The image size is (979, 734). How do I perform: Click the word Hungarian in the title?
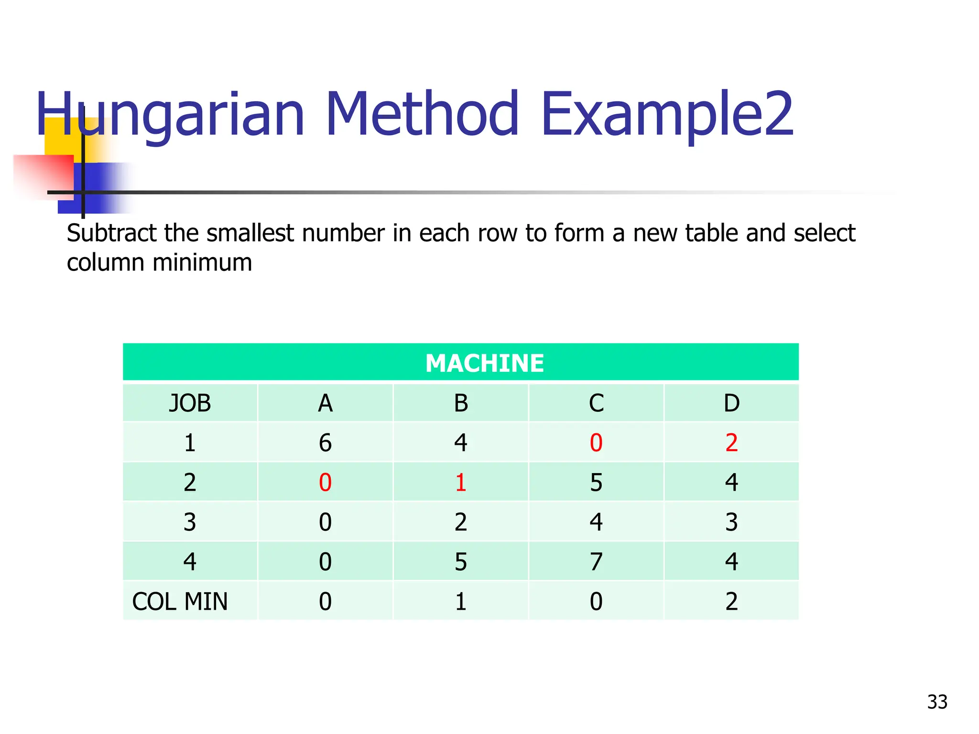(x=170, y=115)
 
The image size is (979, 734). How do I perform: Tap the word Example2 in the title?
(x=667, y=115)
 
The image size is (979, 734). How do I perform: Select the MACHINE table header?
(x=484, y=363)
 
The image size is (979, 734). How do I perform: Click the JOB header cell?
(x=190, y=403)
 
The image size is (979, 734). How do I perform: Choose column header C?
(x=596, y=403)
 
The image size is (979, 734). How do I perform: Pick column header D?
(x=731, y=403)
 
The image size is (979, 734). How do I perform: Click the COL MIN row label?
(x=180, y=601)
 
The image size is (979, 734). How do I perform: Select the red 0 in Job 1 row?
(x=596, y=443)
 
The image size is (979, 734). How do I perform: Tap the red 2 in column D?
(x=731, y=443)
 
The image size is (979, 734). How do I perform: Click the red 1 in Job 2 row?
(x=461, y=483)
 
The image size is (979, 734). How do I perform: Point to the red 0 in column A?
(x=325, y=483)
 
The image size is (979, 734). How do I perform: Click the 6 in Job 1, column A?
(x=325, y=443)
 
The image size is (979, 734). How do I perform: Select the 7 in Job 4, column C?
(x=596, y=561)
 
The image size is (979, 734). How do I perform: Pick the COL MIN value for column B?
(x=461, y=601)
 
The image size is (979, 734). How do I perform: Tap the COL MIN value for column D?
(x=731, y=601)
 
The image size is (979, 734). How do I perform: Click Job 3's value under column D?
(x=731, y=522)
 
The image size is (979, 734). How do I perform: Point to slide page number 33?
(x=937, y=702)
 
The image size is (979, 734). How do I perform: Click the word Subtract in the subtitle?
(x=112, y=233)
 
